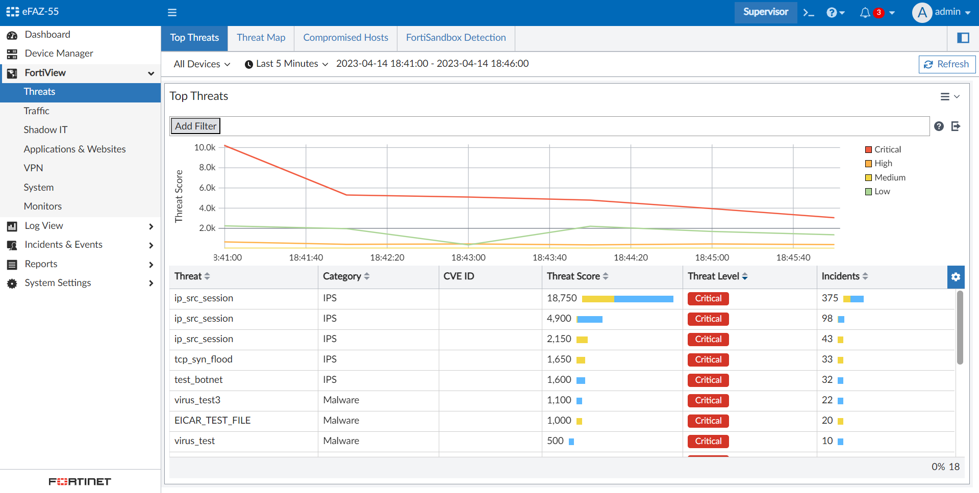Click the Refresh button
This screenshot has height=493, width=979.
click(x=947, y=64)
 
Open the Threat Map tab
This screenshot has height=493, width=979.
click(x=261, y=38)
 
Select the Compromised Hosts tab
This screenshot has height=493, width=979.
click(x=345, y=38)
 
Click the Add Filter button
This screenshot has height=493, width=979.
click(x=195, y=126)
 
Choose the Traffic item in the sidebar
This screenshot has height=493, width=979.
click(x=36, y=111)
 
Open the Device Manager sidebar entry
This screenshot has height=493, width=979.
click(x=59, y=54)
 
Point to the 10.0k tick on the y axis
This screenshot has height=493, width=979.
click(x=205, y=147)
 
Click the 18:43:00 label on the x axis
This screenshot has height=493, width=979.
click(x=468, y=257)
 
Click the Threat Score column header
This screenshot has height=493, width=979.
click(x=573, y=276)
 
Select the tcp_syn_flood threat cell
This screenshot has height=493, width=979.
click(x=204, y=359)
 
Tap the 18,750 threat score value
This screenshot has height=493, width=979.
click(x=562, y=298)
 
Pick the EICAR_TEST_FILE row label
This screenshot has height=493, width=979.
click(x=212, y=421)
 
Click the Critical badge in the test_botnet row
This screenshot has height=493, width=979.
click(x=708, y=380)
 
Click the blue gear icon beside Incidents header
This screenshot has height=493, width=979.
click(x=956, y=277)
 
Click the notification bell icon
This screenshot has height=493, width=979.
click(x=865, y=13)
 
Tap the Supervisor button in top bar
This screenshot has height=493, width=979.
click(x=765, y=12)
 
